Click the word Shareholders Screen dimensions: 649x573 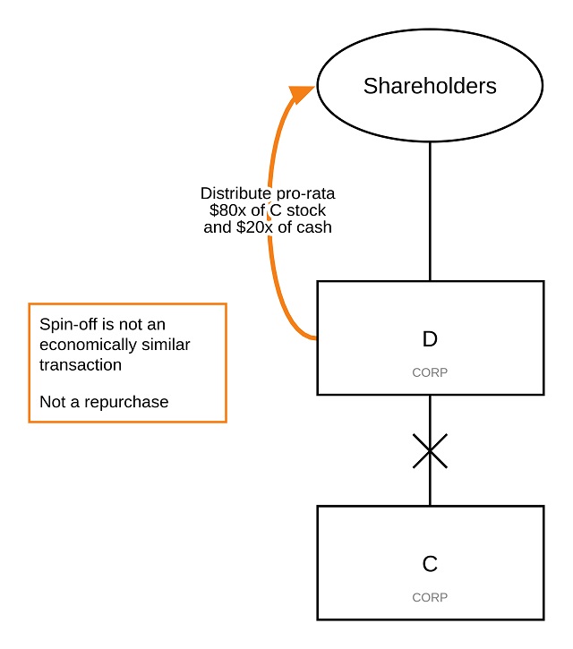tap(430, 86)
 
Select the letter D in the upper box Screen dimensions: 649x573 tap(430, 339)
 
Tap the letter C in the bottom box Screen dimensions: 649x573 tap(430, 564)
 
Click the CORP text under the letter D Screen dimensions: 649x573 tap(430, 371)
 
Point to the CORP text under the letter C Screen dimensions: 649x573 tap(430, 597)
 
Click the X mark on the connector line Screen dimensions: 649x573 tap(430, 451)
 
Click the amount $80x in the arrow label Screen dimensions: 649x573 tap(227, 210)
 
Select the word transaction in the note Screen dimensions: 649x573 tap(81, 364)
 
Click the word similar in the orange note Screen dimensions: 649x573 tap(166, 344)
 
